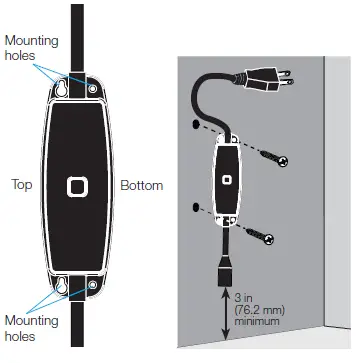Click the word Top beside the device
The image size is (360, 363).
[23, 186]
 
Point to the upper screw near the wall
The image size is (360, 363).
[271, 158]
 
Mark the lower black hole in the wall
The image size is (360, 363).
[193, 209]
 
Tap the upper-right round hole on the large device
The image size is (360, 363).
[93, 90]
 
